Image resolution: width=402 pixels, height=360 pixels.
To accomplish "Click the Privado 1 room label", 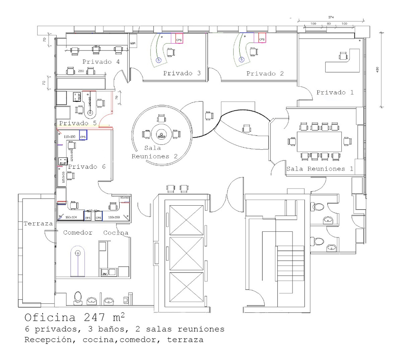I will click(x=335, y=92).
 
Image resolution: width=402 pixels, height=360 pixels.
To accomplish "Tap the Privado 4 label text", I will click(x=101, y=62).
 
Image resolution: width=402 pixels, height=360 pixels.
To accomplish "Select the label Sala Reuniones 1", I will click(x=320, y=169).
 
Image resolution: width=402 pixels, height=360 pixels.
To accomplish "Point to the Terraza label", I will click(x=38, y=223).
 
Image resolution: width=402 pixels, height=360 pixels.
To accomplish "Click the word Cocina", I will click(x=116, y=232).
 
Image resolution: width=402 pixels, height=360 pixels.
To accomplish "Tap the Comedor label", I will click(x=78, y=232).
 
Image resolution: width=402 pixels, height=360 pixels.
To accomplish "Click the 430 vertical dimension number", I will click(x=377, y=70).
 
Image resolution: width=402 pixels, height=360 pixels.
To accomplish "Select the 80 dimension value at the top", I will click(x=329, y=24).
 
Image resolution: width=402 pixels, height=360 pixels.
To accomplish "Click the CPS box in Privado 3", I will click(x=179, y=40).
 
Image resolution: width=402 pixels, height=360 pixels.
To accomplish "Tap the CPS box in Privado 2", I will click(x=262, y=39).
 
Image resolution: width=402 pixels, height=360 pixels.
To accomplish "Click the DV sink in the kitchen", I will click(x=105, y=274).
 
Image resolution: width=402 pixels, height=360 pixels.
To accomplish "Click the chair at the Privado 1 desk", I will click(x=343, y=56).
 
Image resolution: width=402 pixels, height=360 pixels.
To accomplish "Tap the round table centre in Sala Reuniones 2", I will click(x=161, y=135).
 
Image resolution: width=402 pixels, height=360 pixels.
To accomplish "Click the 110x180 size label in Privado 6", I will click(x=70, y=137).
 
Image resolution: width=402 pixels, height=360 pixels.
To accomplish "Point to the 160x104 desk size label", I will click(x=71, y=217).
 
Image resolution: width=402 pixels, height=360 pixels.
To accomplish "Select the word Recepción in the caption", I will click(x=48, y=340).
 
